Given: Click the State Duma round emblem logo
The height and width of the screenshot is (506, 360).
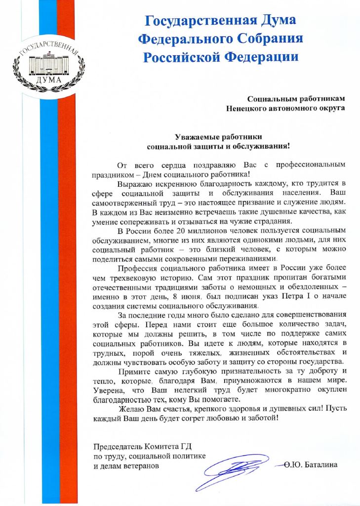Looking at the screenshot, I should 48,65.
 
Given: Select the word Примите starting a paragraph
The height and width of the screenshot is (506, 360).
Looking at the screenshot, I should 136,371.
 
